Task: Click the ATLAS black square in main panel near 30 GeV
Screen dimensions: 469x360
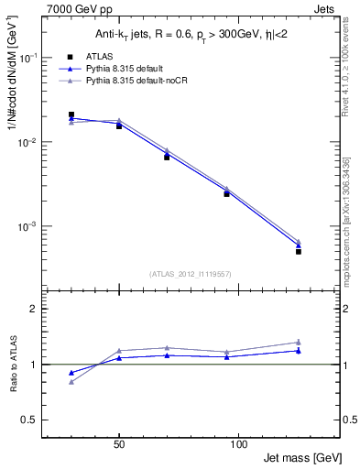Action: pos(71,115)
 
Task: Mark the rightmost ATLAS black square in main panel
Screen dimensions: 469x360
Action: pos(298,251)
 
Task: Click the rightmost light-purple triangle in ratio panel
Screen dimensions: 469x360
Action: pos(298,342)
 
